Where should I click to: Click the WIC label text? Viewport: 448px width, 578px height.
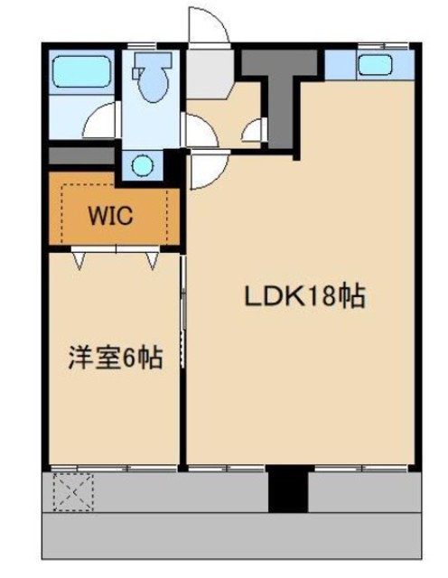pyautogui.click(x=110, y=216)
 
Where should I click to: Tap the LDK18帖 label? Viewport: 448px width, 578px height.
pyautogui.click(x=305, y=296)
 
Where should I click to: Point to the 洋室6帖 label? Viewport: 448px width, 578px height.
pyautogui.click(x=116, y=358)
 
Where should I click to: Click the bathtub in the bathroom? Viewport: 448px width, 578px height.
pyautogui.click(x=81, y=72)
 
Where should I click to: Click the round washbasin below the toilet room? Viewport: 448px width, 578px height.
pyautogui.click(x=143, y=166)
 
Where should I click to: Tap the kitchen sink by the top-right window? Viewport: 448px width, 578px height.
pyautogui.click(x=375, y=65)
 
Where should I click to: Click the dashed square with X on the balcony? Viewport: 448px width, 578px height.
pyautogui.click(x=73, y=492)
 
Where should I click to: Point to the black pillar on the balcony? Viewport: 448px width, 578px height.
pyautogui.click(x=287, y=489)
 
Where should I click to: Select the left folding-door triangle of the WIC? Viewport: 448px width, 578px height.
pyautogui.click(x=79, y=261)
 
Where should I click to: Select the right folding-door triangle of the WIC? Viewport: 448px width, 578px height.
pyautogui.click(x=153, y=261)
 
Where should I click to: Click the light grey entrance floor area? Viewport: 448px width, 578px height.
pyautogui.click(x=209, y=74)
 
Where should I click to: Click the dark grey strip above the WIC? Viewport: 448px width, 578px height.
pyautogui.click(x=81, y=156)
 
